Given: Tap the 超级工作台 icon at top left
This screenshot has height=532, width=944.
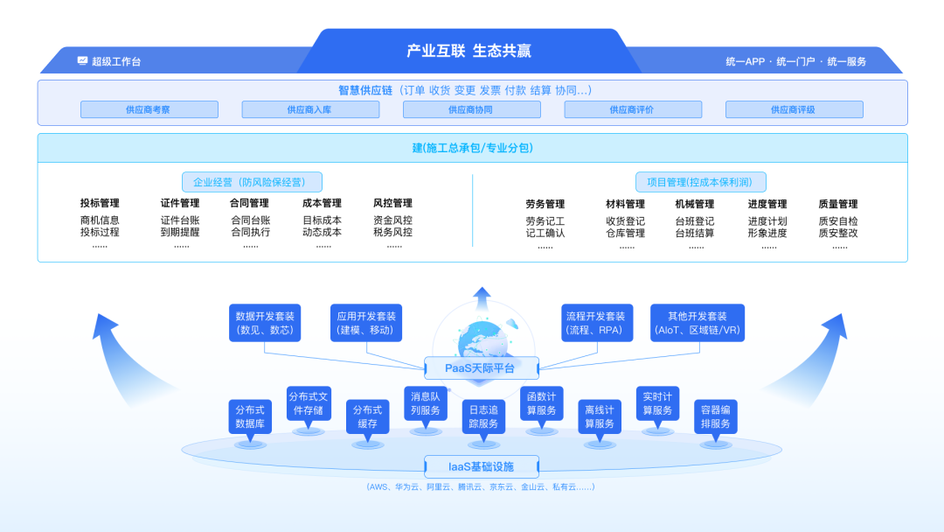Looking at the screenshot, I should pyautogui.click(x=82, y=61).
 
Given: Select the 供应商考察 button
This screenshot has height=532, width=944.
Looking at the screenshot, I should pyautogui.click(x=149, y=109).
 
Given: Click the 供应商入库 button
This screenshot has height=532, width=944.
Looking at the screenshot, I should pyautogui.click(x=310, y=109).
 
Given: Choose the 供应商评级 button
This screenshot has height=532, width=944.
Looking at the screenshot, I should pyautogui.click(x=794, y=109).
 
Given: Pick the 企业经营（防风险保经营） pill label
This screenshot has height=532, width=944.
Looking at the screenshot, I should pyautogui.click(x=252, y=182).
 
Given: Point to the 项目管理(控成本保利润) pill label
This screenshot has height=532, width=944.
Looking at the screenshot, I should pyautogui.click(x=700, y=182).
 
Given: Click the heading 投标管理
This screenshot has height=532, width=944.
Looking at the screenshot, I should pyautogui.click(x=100, y=204).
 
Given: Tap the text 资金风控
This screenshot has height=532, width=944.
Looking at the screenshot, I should pyautogui.click(x=392, y=220).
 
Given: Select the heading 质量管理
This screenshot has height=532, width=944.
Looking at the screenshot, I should pyautogui.click(x=838, y=204).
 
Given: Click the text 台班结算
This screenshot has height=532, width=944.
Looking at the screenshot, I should pyautogui.click(x=694, y=234).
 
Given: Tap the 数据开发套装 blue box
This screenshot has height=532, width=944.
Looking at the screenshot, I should pyautogui.click(x=265, y=323).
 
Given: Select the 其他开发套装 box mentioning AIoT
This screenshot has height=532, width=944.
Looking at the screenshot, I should pyautogui.click(x=697, y=323).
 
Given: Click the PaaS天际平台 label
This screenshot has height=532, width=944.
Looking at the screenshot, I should pyautogui.click(x=481, y=367).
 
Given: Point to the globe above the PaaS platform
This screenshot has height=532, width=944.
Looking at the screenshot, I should pyautogui.click(x=481, y=336).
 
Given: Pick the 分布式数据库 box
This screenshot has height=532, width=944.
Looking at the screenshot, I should pyautogui.click(x=249, y=417).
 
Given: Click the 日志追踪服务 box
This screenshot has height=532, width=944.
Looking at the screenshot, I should pyautogui.click(x=483, y=417).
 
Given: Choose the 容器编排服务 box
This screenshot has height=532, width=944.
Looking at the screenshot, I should pyautogui.click(x=716, y=417).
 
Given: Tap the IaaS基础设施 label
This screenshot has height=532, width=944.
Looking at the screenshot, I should pyautogui.click(x=481, y=466).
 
